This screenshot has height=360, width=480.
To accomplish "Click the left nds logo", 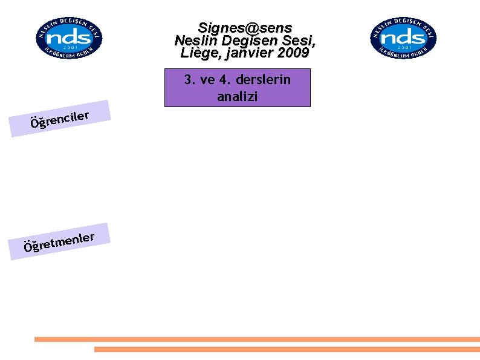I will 68,38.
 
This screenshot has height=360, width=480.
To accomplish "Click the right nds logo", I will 403,38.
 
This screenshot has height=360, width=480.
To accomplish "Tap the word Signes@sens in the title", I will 245,28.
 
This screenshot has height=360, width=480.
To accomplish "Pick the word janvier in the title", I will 248,53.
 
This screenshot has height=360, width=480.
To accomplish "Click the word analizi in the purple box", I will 237,96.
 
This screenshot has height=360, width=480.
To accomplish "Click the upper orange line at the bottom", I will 257,339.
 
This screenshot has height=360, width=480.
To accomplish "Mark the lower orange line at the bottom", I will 287,349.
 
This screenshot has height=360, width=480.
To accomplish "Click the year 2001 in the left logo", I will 68,47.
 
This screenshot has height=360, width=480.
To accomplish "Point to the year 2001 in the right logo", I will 403,47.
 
